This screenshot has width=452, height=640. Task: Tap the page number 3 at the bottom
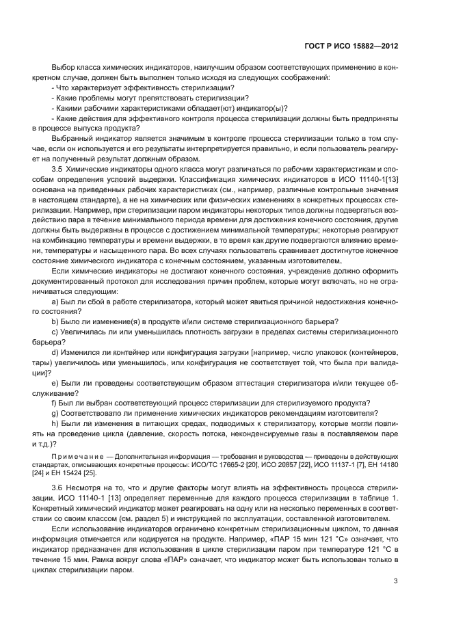pos(396,581)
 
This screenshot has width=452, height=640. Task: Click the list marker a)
pos(55,302)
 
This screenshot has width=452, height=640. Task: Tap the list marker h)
pos(55,423)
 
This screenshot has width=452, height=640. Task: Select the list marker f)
pos(55,403)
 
